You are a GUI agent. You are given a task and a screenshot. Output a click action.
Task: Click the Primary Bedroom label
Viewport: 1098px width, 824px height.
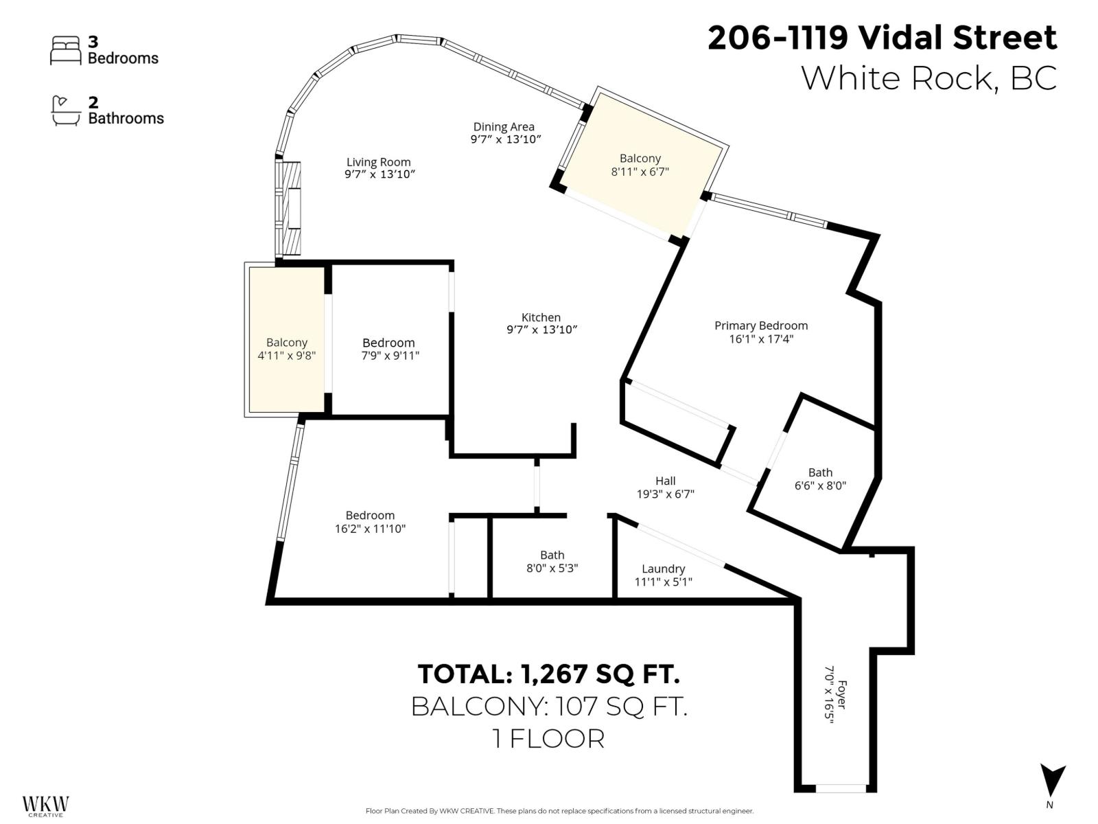[760, 325]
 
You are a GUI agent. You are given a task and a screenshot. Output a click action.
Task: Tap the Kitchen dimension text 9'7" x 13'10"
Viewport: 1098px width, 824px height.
[541, 330]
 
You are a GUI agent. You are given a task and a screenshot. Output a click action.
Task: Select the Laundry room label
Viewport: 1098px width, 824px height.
[663, 569]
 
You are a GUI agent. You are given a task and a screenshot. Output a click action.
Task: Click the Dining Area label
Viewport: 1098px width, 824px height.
[503, 126]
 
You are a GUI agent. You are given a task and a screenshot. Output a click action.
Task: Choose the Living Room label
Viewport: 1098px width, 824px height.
[378, 162]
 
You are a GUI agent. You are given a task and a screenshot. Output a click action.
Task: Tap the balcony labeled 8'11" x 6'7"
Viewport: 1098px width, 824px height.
[640, 165]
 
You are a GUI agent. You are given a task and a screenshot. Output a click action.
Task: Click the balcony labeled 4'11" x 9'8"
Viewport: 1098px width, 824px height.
[286, 348]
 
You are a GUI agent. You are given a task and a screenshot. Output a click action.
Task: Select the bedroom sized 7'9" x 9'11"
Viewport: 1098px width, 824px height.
[388, 348]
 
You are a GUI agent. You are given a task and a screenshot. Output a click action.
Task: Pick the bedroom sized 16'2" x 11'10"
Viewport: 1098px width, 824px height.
[370, 522]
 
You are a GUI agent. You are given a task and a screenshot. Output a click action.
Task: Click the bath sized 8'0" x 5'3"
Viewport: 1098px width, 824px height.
[552, 561]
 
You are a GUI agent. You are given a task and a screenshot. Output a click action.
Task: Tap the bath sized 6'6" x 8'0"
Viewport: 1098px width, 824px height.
[820, 479]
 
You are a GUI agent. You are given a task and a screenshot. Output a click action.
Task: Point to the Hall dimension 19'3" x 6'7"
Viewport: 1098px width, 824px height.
[665, 494]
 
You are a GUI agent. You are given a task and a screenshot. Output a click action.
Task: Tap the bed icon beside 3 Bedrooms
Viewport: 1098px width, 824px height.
[66, 51]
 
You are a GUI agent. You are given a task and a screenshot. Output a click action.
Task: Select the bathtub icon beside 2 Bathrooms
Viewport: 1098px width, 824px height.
[66, 111]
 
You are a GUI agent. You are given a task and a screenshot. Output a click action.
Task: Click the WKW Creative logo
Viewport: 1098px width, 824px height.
[45, 805]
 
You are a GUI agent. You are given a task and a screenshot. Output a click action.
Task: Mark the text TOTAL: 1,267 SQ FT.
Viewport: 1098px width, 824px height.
[548, 674]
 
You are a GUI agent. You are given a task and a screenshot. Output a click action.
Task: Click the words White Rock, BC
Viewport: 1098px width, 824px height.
[928, 78]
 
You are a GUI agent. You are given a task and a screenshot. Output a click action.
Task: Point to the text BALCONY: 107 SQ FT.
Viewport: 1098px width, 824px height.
[548, 706]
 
